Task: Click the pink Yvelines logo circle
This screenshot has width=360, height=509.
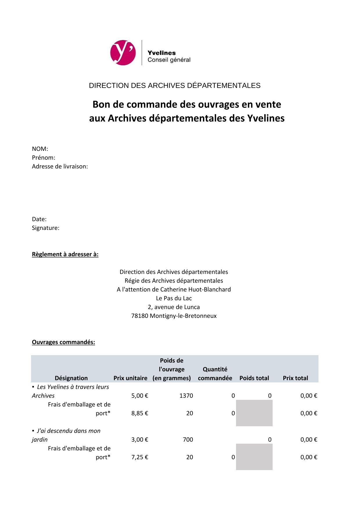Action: coord(123,53)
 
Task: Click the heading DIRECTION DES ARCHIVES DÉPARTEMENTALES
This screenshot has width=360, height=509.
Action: coord(174,86)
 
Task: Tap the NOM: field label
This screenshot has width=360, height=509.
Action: coord(40,149)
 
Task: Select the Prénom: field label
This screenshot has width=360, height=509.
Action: coord(43,158)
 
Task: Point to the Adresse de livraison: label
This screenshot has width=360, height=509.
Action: coord(60,166)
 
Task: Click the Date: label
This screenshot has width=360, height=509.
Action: coord(39,219)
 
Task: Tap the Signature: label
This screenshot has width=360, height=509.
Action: coord(45,228)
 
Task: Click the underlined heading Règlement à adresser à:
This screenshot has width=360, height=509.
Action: coord(65,254)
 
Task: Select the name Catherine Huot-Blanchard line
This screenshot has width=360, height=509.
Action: coord(174,289)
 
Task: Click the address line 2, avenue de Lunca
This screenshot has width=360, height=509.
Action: coord(174,307)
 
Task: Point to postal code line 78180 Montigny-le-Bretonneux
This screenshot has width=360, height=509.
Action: coord(174,316)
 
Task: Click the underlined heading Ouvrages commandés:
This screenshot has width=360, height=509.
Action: coord(63,342)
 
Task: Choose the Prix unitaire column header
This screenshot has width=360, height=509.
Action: coord(130,378)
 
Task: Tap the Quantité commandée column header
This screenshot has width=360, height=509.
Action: coord(215,374)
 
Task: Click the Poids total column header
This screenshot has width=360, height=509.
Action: coord(254,378)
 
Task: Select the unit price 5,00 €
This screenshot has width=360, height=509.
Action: coord(140,396)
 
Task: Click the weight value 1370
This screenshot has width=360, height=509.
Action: coord(186,396)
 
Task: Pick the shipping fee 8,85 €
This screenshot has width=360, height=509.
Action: coord(140,413)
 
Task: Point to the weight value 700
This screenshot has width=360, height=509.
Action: coord(188,440)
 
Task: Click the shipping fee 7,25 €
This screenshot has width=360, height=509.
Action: coord(140,457)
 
